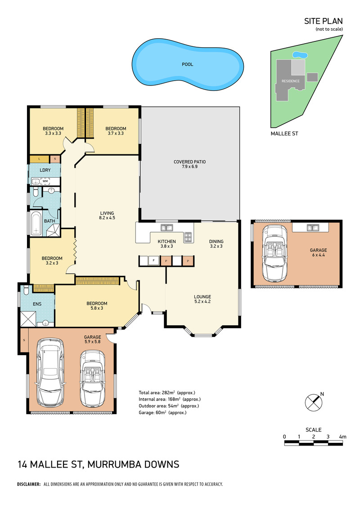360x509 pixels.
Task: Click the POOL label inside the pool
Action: (187, 64)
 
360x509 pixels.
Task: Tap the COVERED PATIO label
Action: (189, 164)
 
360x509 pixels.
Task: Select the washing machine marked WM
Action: (45, 181)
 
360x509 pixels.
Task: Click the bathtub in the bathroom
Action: (36, 223)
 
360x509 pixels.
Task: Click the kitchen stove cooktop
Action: (188, 237)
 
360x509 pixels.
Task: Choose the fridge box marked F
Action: (153, 260)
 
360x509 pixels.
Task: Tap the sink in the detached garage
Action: (313, 228)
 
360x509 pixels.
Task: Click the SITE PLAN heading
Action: (323, 21)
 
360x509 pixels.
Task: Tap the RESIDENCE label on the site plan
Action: (291, 81)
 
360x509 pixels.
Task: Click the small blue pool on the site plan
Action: (300, 55)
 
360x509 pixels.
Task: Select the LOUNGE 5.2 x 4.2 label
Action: (202, 299)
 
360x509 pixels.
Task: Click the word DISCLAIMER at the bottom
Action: (28, 484)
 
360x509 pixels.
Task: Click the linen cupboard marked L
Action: (39, 159)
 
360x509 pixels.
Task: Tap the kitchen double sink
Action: (167, 228)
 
